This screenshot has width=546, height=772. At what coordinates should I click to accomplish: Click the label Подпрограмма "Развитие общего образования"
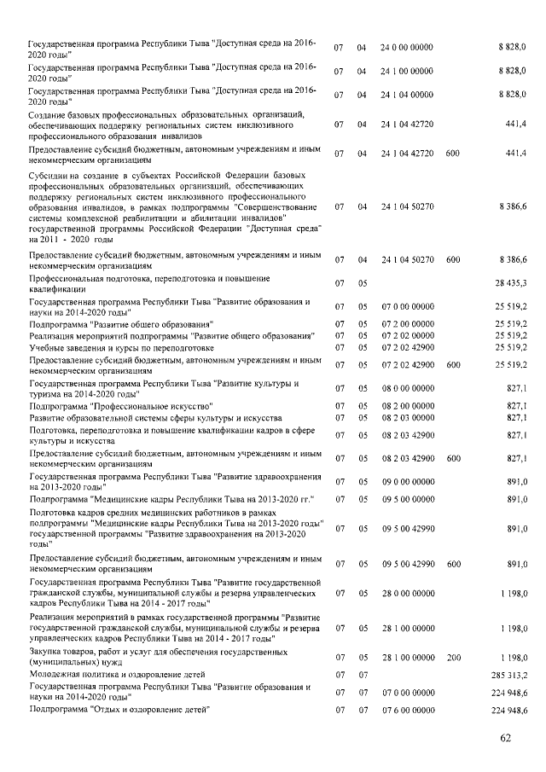pyautogui.click(x=120, y=324)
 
